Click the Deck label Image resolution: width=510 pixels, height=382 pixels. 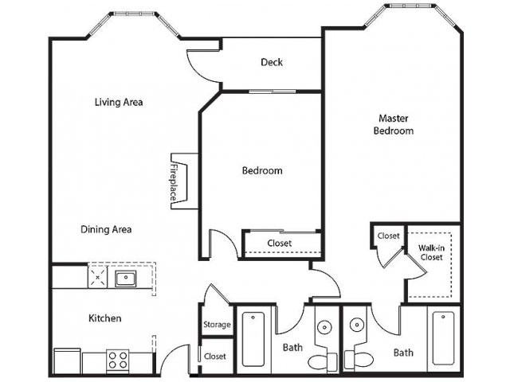pyautogui.click(x=272, y=62)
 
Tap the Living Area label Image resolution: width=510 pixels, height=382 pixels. pyautogui.click(x=119, y=103)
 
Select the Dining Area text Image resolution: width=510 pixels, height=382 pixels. pyautogui.click(x=106, y=230)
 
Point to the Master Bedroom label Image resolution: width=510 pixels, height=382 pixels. pyautogui.click(x=394, y=124)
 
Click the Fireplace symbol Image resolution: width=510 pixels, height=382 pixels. pyautogui.click(x=184, y=181)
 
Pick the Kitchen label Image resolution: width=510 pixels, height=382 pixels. pyautogui.click(x=105, y=318)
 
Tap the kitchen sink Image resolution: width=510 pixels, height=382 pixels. pyautogui.click(x=126, y=279)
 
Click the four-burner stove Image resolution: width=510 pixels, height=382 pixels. pyautogui.click(x=118, y=360)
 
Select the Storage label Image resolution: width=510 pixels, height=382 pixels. pyautogui.click(x=217, y=325)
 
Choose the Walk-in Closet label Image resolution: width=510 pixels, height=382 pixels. pyautogui.click(x=432, y=252)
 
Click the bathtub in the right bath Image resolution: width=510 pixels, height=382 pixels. pyautogui.click(x=443, y=338)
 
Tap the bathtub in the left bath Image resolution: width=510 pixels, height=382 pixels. pyautogui.click(x=253, y=339)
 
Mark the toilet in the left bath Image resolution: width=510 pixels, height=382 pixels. pyautogui.click(x=323, y=361)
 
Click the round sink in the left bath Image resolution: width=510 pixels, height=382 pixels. pyautogui.click(x=324, y=327)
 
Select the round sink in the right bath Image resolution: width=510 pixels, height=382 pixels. pyautogui.click(x=357, y=324)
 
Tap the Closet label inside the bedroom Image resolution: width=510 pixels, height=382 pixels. pyautogui.click(x=280, y=243)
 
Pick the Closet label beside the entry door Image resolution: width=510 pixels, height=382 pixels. pyautogui.click(x=215, y=357)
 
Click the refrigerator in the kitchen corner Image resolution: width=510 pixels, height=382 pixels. pyautogui.click(x=67, y=361)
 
